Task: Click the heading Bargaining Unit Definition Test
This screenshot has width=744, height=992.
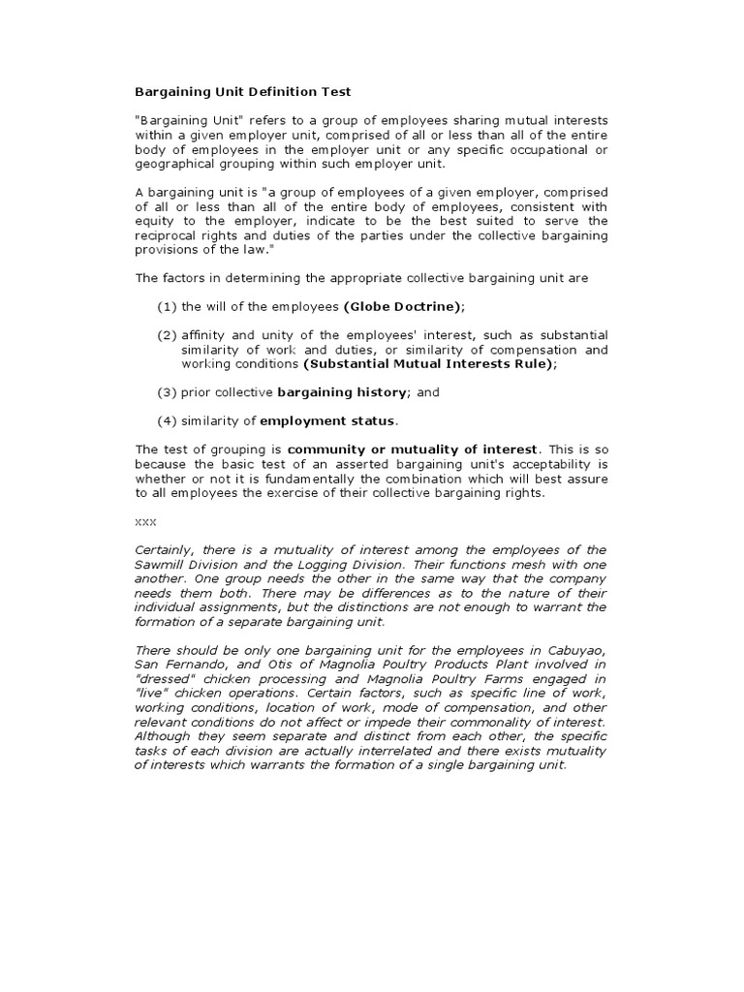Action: [242, 92]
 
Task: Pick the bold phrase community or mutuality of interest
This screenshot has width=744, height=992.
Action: [412, 449]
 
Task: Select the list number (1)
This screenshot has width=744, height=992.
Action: [168, 306]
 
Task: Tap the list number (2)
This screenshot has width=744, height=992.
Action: [168, 335]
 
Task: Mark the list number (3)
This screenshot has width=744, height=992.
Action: [168, 392]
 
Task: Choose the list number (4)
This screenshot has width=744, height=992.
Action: [168, 420]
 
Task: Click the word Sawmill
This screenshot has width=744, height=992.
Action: [157, 564]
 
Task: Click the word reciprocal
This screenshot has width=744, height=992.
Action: [166, 235]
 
